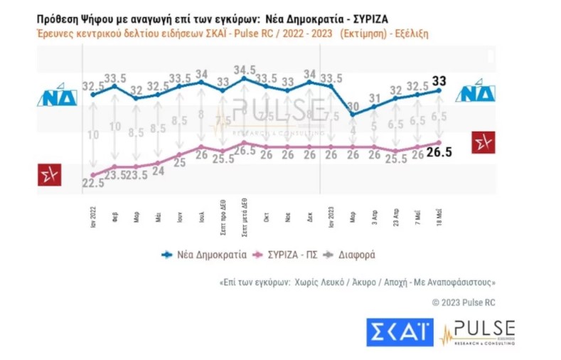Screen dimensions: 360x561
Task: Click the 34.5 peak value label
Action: point(245,68)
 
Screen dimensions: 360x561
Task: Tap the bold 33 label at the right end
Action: point(440,80)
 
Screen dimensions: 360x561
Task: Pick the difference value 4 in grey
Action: point(353,129)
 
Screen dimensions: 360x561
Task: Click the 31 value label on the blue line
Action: point(375,98)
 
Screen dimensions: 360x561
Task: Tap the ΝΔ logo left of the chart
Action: point(57,97)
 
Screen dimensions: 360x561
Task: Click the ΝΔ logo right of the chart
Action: point(476,93)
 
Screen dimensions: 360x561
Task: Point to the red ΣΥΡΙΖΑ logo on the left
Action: point(50,174)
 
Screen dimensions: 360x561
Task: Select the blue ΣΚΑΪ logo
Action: point(400,332)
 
